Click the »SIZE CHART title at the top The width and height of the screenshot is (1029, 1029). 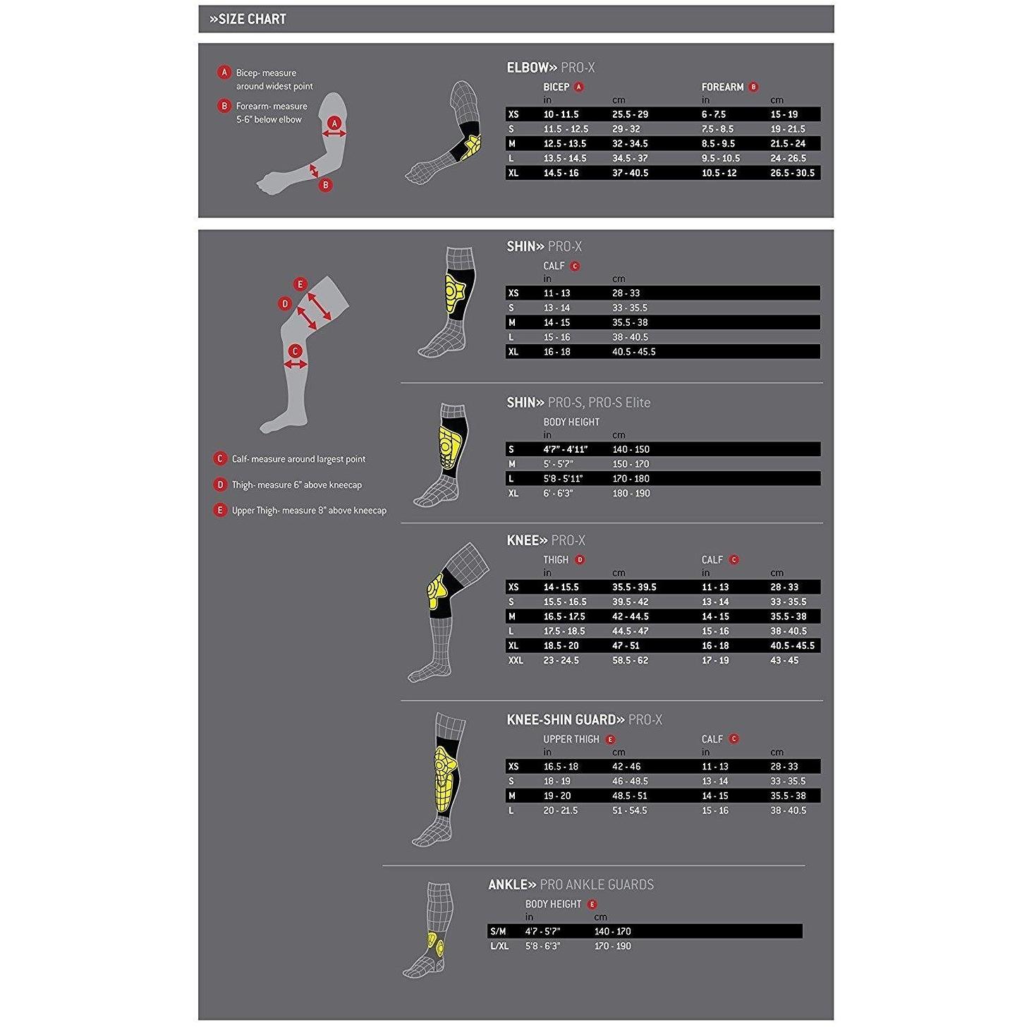(x=248, y=19)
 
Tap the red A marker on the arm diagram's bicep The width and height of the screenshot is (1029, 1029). (x=335, y=123)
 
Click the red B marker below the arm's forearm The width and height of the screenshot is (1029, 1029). (x=325, y=185)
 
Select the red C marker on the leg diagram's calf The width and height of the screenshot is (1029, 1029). (x=295, y=351)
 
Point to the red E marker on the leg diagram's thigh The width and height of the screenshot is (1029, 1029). (x=300, y=284)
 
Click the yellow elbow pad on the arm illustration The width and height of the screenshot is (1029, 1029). (x=471, y=146)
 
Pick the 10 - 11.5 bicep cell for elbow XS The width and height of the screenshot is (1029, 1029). (x=561, y=114)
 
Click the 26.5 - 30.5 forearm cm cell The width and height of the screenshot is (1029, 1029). (x=793, y=173)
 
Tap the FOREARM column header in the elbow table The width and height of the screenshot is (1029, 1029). (x=722, y=87)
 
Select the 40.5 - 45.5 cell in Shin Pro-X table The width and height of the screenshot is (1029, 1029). (x=634, y=352)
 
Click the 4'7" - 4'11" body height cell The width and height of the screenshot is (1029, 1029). (x=566, y=450)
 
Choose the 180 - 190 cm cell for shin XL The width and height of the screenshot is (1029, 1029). (x=631, y=494)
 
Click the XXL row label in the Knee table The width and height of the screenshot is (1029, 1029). (x=516, y=661)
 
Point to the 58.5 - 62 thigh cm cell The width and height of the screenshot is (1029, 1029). (x=630, y=661)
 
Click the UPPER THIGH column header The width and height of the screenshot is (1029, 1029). (x=571, y=739)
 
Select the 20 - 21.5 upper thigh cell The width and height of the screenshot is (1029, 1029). (x=561, y=810)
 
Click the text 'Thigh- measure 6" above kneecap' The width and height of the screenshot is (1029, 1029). (x=296, y=485)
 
